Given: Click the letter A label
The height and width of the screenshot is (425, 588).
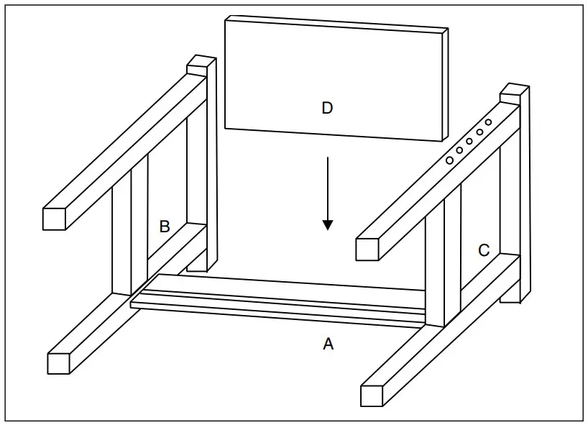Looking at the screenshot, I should coord(328,344).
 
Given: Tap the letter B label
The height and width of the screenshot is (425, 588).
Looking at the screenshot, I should coord(164,227).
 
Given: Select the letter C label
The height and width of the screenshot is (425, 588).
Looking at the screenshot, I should coord(484,250).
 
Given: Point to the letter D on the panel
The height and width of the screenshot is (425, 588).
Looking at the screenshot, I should coord(327,108).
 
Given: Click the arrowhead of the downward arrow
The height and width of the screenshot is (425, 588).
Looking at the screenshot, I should coord(328,224).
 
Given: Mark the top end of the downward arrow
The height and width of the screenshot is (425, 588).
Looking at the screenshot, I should coord(328,157).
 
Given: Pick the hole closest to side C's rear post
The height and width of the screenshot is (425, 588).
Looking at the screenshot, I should coord(488,123).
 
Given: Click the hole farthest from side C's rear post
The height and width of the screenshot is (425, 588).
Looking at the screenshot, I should coord(449,160).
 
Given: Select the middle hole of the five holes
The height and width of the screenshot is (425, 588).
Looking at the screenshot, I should coord(469,141).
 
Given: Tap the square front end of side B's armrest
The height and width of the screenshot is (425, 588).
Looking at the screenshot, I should coord(55,219).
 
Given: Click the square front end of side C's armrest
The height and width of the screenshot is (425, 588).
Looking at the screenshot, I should coord(367,249).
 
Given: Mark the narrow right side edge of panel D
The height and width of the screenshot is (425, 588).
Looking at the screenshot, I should coord(446,86).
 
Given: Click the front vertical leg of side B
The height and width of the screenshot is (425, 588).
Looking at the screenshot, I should coord(122,237).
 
